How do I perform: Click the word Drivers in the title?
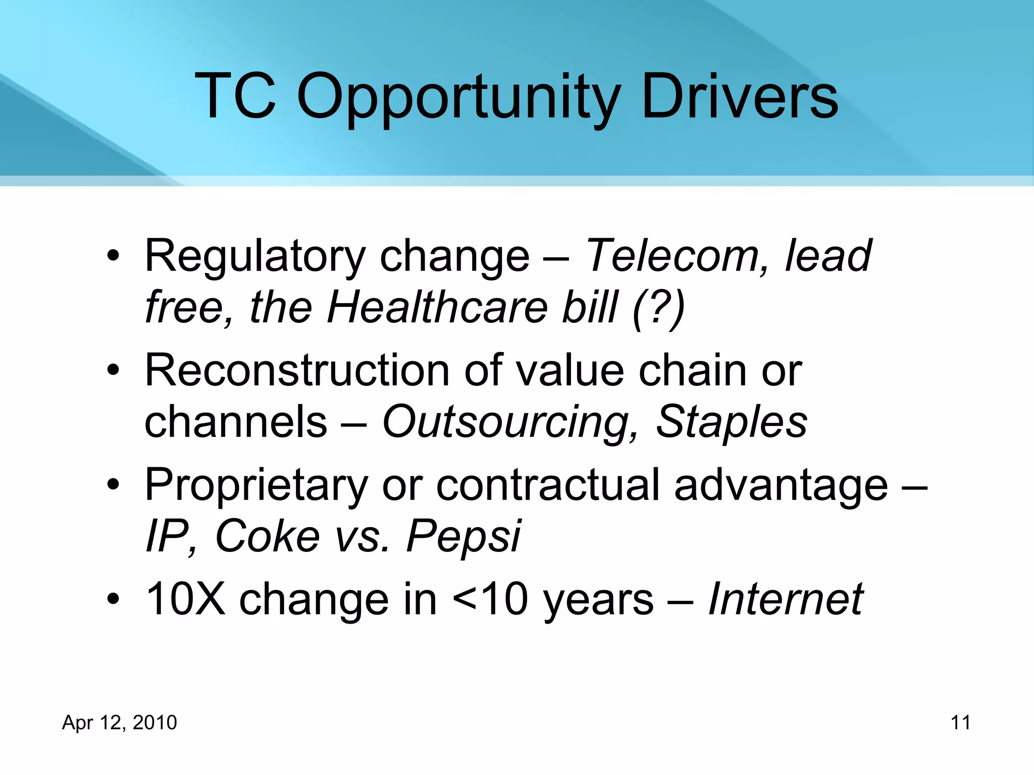[740, 96]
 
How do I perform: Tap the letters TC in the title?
[236, 96]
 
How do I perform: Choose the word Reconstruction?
[297, 371]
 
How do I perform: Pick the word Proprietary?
[256, 486]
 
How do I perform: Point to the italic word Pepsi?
[463, 537]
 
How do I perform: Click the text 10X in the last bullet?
[185, 599]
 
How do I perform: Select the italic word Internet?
[786, 599]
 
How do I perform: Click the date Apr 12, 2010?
[120, 723]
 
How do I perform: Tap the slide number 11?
[960, 723]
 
